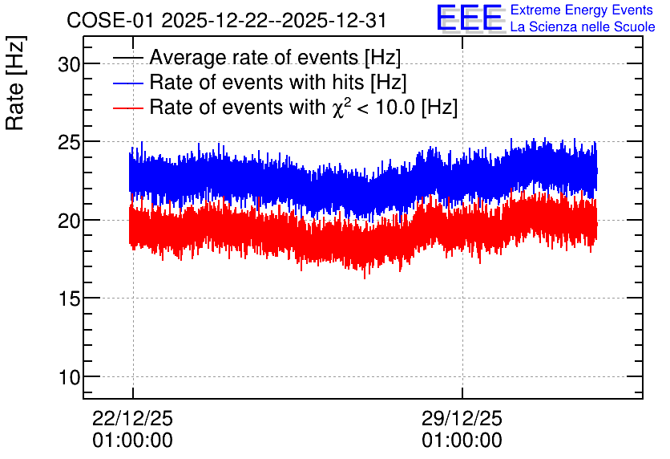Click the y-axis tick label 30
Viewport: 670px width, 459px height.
click(x=69, y=64)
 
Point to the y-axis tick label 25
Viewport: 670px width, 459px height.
click(x=69, y=143)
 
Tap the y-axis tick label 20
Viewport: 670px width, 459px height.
click(x=69, y=221)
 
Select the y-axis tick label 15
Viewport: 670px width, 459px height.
click(x=69, y=299)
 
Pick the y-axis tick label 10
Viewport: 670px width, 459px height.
click(x=69, y=378)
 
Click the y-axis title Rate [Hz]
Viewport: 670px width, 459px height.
click(x=15, y=83)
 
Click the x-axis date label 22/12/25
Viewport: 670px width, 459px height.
click(x=132, y=418)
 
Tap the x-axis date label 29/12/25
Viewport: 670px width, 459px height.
click(x=462, y=418)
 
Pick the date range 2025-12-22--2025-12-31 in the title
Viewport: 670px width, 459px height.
click(x=274, y=20)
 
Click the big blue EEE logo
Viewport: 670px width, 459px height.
click(x=470, y=18)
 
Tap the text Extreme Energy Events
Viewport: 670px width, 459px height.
click(x=582, y=10)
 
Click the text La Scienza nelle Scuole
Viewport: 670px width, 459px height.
click(x=583, y=26)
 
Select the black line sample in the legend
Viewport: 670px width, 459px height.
click(x=128, y=58)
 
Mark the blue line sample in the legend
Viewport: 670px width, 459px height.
click(x=128, y=83)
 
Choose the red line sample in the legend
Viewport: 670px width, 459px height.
click(x=128, y=108)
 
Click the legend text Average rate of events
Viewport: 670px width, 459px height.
click(x=254, y=57)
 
